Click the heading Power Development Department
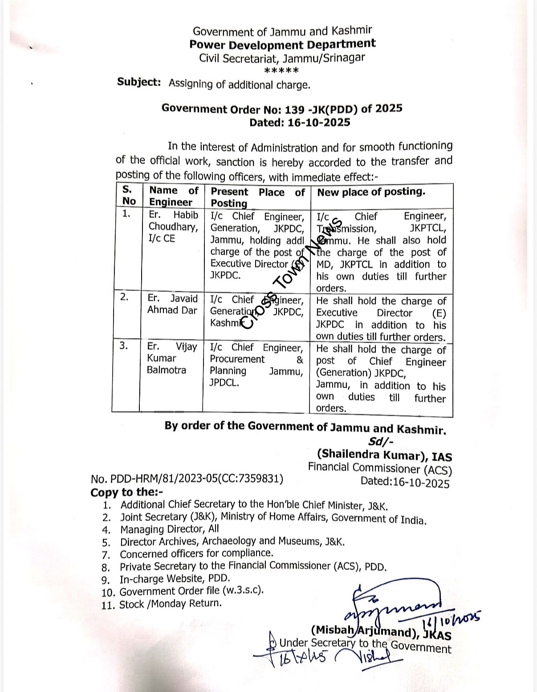point(282,44)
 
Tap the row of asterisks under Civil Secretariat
point(281,70)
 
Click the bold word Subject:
point(139,82)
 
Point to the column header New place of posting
point(371,192)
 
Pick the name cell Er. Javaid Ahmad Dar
point(172,304)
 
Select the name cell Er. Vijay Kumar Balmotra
point(172,358)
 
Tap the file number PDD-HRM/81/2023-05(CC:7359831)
point(187,479)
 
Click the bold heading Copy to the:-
point(127,492)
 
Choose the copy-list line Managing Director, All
point(170,529)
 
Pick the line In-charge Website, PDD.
point(175,579)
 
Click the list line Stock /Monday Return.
point(170,604)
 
